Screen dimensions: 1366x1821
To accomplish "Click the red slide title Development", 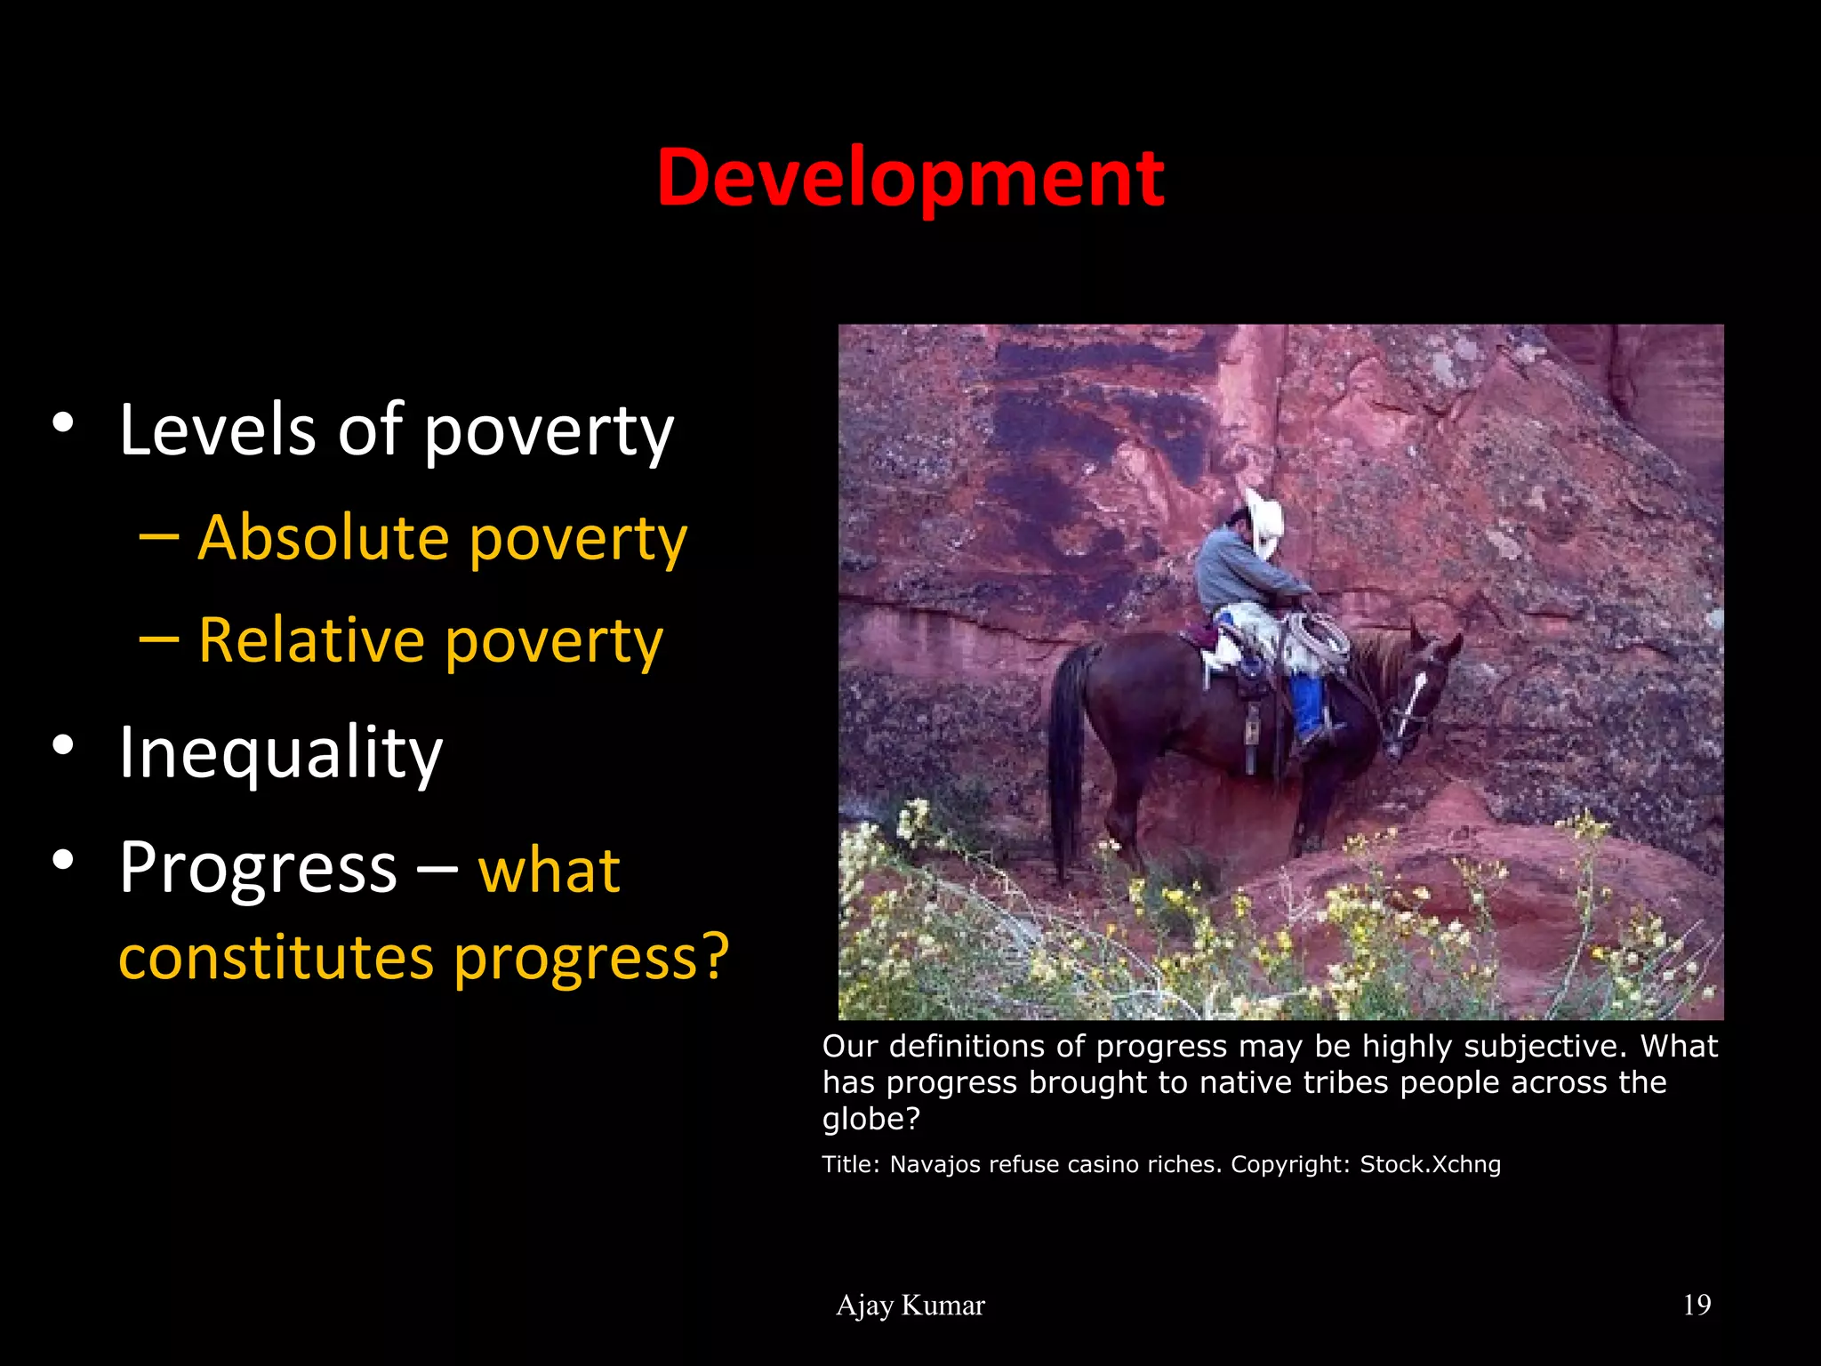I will click(910, 179).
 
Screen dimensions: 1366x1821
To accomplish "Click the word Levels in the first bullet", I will click(217, 430).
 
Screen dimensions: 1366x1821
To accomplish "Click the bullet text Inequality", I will click(280, 753).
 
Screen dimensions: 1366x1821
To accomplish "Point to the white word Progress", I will click(258, 868).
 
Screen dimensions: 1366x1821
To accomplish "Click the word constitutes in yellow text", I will click(277, 958).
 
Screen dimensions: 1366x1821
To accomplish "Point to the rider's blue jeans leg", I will click(1307, 707).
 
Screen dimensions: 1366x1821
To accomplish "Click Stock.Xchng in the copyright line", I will click(1430, 1164).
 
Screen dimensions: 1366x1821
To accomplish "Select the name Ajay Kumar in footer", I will click(910, 1305).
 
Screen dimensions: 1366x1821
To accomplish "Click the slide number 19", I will click(1697, 1305).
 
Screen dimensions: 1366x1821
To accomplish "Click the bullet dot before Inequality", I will click(62, 745).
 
